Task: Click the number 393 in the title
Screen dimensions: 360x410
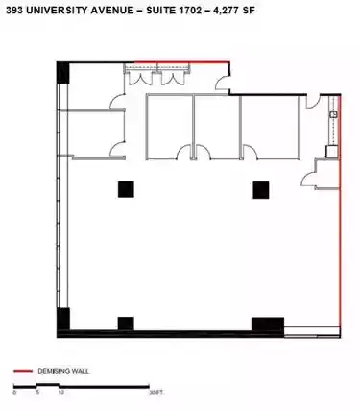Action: click(14, 11)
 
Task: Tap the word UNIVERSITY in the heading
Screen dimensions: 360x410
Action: click(57, 11)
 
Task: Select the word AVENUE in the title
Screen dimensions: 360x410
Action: click(112, 11)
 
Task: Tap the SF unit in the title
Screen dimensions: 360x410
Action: click(248, 11)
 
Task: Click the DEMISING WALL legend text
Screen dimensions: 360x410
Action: click(63, 371)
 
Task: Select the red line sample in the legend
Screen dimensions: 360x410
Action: click(23, 371)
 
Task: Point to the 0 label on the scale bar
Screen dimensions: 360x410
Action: click(14, 393)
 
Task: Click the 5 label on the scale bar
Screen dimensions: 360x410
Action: click(37, 392)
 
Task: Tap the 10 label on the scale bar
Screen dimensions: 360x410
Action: click(61, 392)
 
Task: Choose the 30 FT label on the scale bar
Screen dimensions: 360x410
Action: click(156, 393)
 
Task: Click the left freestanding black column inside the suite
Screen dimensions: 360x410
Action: click(126, 189)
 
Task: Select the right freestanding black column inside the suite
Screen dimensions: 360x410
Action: click(261, 190)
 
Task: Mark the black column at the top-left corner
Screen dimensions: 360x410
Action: click(63, 73)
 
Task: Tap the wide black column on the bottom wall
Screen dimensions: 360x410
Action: click(268, 325)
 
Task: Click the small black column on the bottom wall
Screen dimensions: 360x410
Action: click(126, 324)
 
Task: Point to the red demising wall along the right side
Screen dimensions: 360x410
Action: click(340, 215)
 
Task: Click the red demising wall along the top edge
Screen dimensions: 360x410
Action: click(181, 61)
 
